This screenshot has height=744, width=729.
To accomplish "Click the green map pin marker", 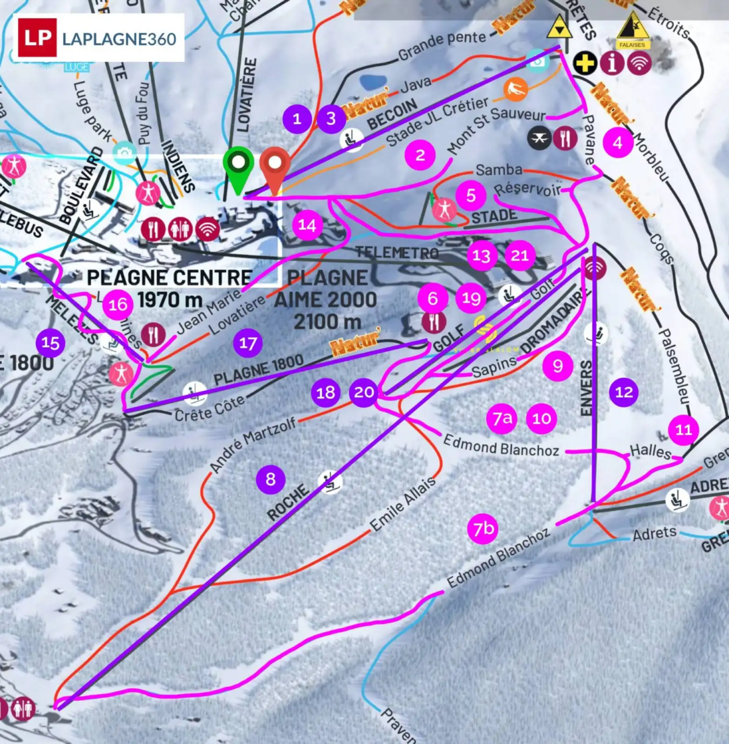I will (x=238, y=165).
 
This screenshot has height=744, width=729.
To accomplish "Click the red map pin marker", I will (x=275, y=165).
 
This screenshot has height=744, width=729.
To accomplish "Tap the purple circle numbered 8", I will (x=270, y=480).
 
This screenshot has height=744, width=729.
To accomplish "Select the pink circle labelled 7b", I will (x=484, y=529).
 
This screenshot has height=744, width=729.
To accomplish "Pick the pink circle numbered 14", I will (x=307, y=225).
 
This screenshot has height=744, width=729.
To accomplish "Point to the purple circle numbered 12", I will (x=624, y=392).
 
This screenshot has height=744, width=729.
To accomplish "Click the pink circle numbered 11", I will (x=683, y=430).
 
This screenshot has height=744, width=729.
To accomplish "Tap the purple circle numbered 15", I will (x=50, y=343).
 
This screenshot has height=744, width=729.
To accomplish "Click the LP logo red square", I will (x=37, y=38).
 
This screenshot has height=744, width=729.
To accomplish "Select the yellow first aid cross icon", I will (x=585, y=63).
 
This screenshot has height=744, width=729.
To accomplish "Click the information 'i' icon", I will (x=612, y=63).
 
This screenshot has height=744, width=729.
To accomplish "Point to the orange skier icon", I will (x=515, y=90).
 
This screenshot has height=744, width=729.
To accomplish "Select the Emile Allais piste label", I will (x=403, y=503).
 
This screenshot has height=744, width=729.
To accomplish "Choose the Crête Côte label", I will (x=210, y=408).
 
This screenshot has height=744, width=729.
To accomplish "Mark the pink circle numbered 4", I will (x=618, y=143).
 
